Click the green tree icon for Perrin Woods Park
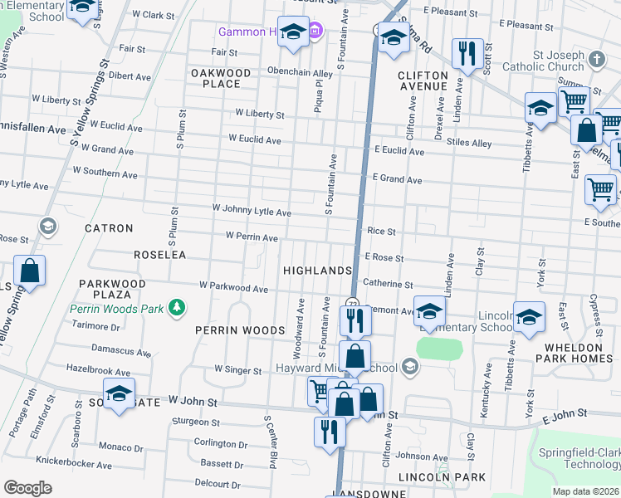(176, 308)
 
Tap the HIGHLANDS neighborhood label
(317, 271)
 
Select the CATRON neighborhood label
(109, 227)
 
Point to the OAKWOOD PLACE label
(221, 78)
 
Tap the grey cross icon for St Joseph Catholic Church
(596, 59)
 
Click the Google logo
(27, 488)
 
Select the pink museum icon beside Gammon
(315, 32)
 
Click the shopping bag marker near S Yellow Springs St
(29, 271)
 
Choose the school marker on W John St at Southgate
(119, 393)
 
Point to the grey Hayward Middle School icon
(408, 366)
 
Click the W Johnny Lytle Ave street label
(252, 212)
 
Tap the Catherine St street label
(387, 284)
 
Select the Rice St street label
(381, 232)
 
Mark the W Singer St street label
(238, 369)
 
